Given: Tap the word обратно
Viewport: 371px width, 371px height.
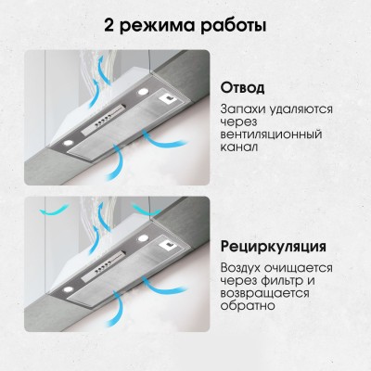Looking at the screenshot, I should [248, 313].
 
